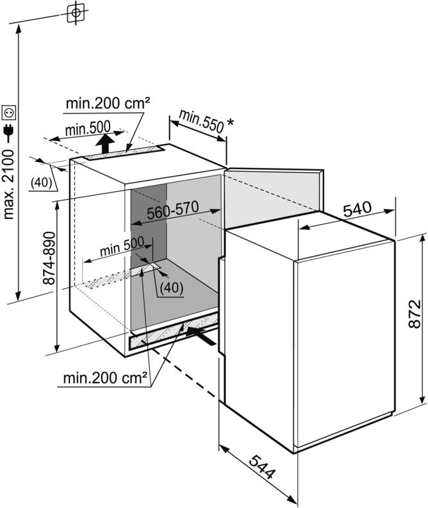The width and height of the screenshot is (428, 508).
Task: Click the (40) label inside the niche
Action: point(171,288)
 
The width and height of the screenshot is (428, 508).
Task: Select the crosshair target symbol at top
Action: point(76,12)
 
